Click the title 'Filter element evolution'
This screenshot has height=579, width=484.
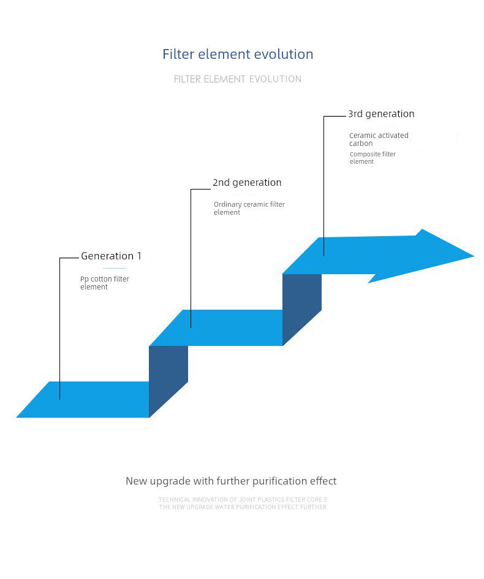pyautogui.click(x=238, y=54)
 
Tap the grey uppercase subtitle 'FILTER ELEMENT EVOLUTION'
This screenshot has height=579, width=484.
pyautogui.click(x=238, y=79)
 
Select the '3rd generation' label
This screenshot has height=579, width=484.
pyautogui.click(x=381, y=113)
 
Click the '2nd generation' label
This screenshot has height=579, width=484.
pyautogui.click(x=247, y=182)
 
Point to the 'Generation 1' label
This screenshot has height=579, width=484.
pyautogui.click(x=111, y=256)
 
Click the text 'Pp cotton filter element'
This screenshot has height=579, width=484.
pyautogui.click(x=105, y=283)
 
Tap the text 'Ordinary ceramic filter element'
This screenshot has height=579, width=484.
pyautogui.click(x=249, y=208)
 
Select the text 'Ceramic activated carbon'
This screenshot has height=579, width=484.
pyautogui.click(x=378, y=139)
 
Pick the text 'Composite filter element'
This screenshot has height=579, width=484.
pyautogui.click(x=372, y=158)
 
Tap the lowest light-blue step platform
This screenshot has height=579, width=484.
pyautogui.click(x=86, y=399)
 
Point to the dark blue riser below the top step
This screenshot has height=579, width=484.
pyautogui.click(x=301, y=309)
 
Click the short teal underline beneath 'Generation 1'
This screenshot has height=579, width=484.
pyautogui.click(x=115, y=268)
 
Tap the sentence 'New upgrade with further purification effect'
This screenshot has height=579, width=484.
pyautogui.click(x=231, y=481)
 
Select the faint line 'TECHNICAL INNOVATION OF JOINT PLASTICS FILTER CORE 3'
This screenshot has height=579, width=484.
pyautogui.click(x=243, y=500)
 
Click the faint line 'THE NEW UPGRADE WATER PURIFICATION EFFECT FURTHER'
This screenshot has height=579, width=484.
pyautogui.click(x=243, y=507)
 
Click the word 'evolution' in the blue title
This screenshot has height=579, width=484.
pyautogui.click(x=284, y=54)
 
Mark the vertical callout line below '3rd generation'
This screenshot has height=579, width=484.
pyautogui.click(x=324, y=184)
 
